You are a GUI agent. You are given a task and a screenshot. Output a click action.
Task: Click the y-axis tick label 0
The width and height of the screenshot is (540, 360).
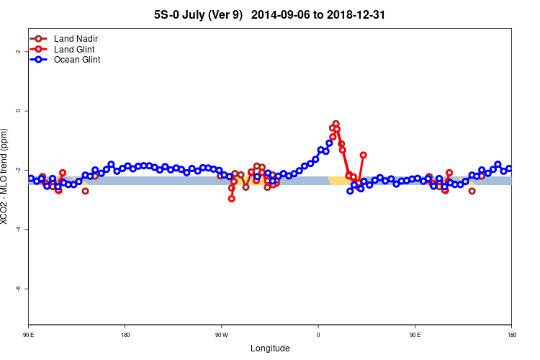(19, 111)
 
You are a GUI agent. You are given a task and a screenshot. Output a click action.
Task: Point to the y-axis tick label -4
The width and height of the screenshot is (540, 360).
(19, 229)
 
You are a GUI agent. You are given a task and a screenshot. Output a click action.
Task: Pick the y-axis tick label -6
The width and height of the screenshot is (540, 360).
(19, 288)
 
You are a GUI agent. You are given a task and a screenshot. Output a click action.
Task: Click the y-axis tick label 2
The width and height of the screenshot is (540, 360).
(19, 52)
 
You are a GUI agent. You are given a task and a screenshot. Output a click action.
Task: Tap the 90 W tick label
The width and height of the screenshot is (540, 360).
(221, 335)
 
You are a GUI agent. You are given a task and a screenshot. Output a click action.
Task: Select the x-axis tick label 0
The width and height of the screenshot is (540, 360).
(318, 335)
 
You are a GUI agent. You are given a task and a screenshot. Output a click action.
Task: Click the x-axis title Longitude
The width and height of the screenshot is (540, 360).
(270, 348)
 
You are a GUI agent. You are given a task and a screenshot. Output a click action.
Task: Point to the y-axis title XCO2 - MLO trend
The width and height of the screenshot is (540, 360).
(6, 176)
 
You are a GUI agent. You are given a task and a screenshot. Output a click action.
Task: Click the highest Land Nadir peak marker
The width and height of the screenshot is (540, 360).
(336, 124)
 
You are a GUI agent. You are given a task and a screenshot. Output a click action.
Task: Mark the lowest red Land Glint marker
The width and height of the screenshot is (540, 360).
(231, 199)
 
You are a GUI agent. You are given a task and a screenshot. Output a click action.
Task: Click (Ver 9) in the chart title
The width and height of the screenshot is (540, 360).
(225, 14)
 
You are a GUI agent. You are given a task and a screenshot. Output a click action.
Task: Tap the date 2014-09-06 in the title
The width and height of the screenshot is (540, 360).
(284, 14)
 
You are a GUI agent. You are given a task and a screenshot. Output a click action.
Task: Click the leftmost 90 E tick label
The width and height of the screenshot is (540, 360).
(29, 335)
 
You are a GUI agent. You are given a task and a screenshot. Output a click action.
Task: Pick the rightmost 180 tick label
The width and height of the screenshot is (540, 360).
(511, 335)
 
